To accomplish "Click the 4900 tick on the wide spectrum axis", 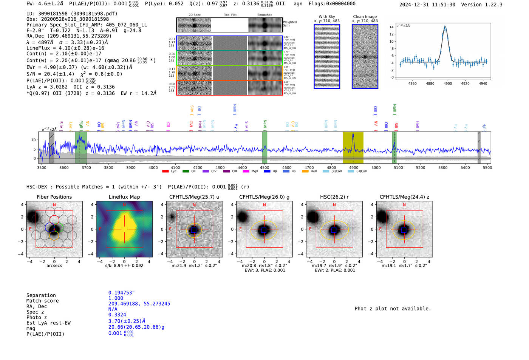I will pos(353,167).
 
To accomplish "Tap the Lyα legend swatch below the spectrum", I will pos(166,172).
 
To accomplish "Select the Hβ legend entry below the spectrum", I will pos(267,172).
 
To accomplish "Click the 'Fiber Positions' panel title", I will pos(54,197).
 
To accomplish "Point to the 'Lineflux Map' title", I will pos(124,197).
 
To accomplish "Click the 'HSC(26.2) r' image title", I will pos(334,197).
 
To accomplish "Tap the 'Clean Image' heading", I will pos(365,17).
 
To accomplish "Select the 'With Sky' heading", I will pos(326,17).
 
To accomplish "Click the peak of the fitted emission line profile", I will pos(445,27).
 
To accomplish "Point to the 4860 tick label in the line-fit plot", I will pos(413,83).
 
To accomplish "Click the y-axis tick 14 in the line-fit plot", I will pos(391,27).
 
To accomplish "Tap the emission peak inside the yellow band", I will pos(353,134).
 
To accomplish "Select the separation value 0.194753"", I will pos(121,293).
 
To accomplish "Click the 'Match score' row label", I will pos(42,301).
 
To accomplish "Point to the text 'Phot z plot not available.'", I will pos(393,309).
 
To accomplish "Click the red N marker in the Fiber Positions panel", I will pos(54,205).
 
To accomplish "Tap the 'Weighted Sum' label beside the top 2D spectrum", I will pos(289,24).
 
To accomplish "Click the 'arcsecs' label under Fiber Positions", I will pos(54,266).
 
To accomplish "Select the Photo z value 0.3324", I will pos(117,315).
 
